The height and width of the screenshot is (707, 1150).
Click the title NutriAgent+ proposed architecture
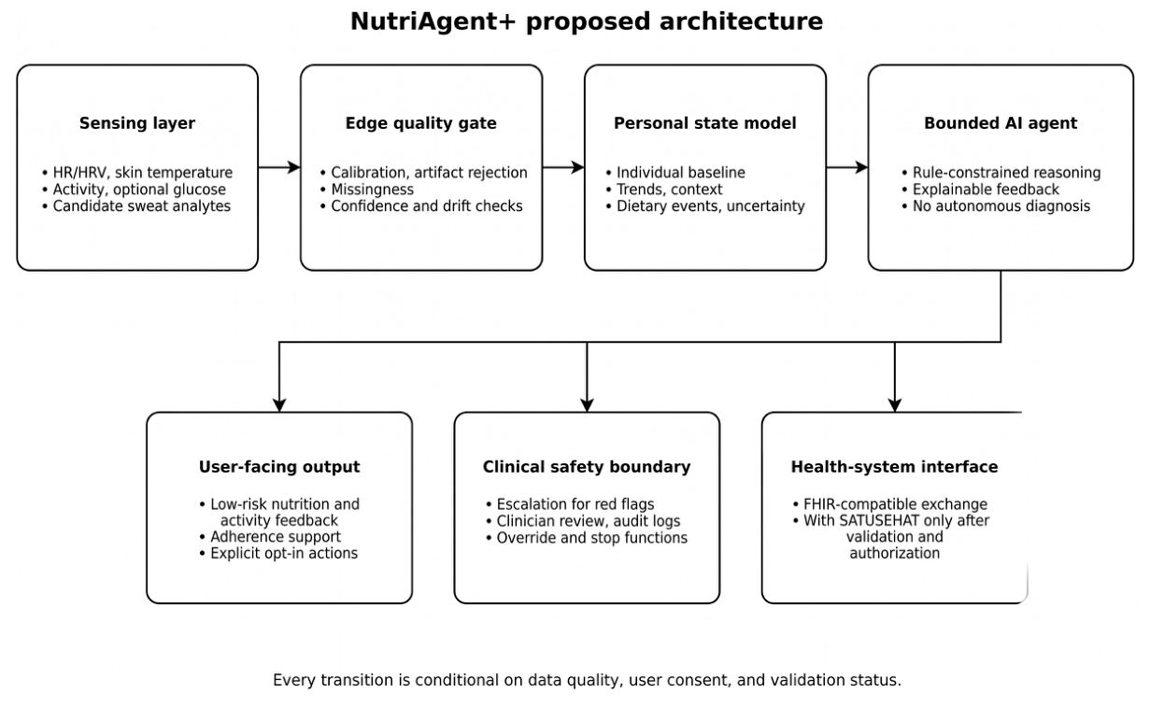coord(587,22)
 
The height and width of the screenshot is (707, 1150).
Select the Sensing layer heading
coord(137,123)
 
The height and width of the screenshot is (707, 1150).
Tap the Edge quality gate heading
coord(421,123)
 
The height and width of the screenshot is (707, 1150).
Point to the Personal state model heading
coord(705,123)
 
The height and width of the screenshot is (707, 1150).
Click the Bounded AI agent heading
coord(1001,123)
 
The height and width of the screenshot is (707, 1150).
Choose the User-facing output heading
coord(279,467)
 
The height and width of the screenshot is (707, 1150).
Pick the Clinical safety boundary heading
coord(587,467)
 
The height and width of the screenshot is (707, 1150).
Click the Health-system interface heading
coord(894,467)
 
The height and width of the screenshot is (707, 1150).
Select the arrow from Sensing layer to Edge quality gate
coord(279,167)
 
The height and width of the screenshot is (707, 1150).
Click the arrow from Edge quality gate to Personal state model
coord(563,167)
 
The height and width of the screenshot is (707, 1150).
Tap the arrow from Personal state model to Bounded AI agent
coord(847,167)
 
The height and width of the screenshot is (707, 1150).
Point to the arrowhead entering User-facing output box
coord(279,404)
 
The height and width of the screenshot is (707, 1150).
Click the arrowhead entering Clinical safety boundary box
coord(587,404)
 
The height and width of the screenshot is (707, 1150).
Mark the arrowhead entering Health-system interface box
coord(895,404)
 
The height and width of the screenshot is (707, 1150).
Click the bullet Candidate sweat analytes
coord(136,206)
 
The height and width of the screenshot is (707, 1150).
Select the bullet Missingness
coord(366,190)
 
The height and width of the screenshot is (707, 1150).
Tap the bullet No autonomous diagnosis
coord(996,206)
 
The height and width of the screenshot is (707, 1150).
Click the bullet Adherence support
coord(270,537)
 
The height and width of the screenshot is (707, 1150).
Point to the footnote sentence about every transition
coord(587,680)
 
